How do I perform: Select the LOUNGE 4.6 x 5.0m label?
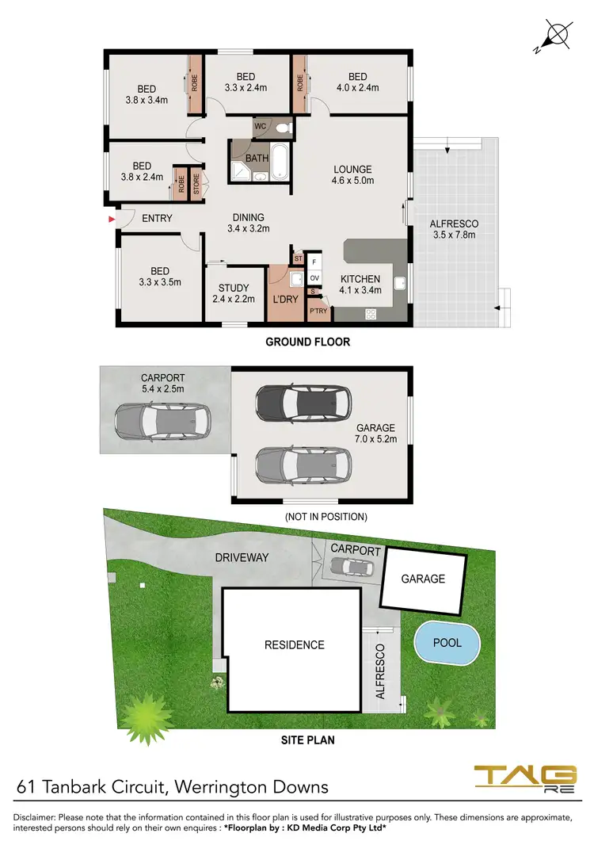point(352,174)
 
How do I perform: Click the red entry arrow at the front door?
point(111,218)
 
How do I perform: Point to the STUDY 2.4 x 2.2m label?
point(230,293)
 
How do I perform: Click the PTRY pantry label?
point(318,312)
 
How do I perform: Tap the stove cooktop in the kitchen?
point(370,314)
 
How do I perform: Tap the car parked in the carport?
point(162,421)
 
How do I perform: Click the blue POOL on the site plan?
point(448,643)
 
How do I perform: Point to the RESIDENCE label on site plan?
point(294,644)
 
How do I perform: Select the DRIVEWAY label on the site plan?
point(242,557)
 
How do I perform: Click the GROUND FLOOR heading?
point(307,342)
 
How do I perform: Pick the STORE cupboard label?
point(196,184)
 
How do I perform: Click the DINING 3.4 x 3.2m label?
point(249,223)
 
